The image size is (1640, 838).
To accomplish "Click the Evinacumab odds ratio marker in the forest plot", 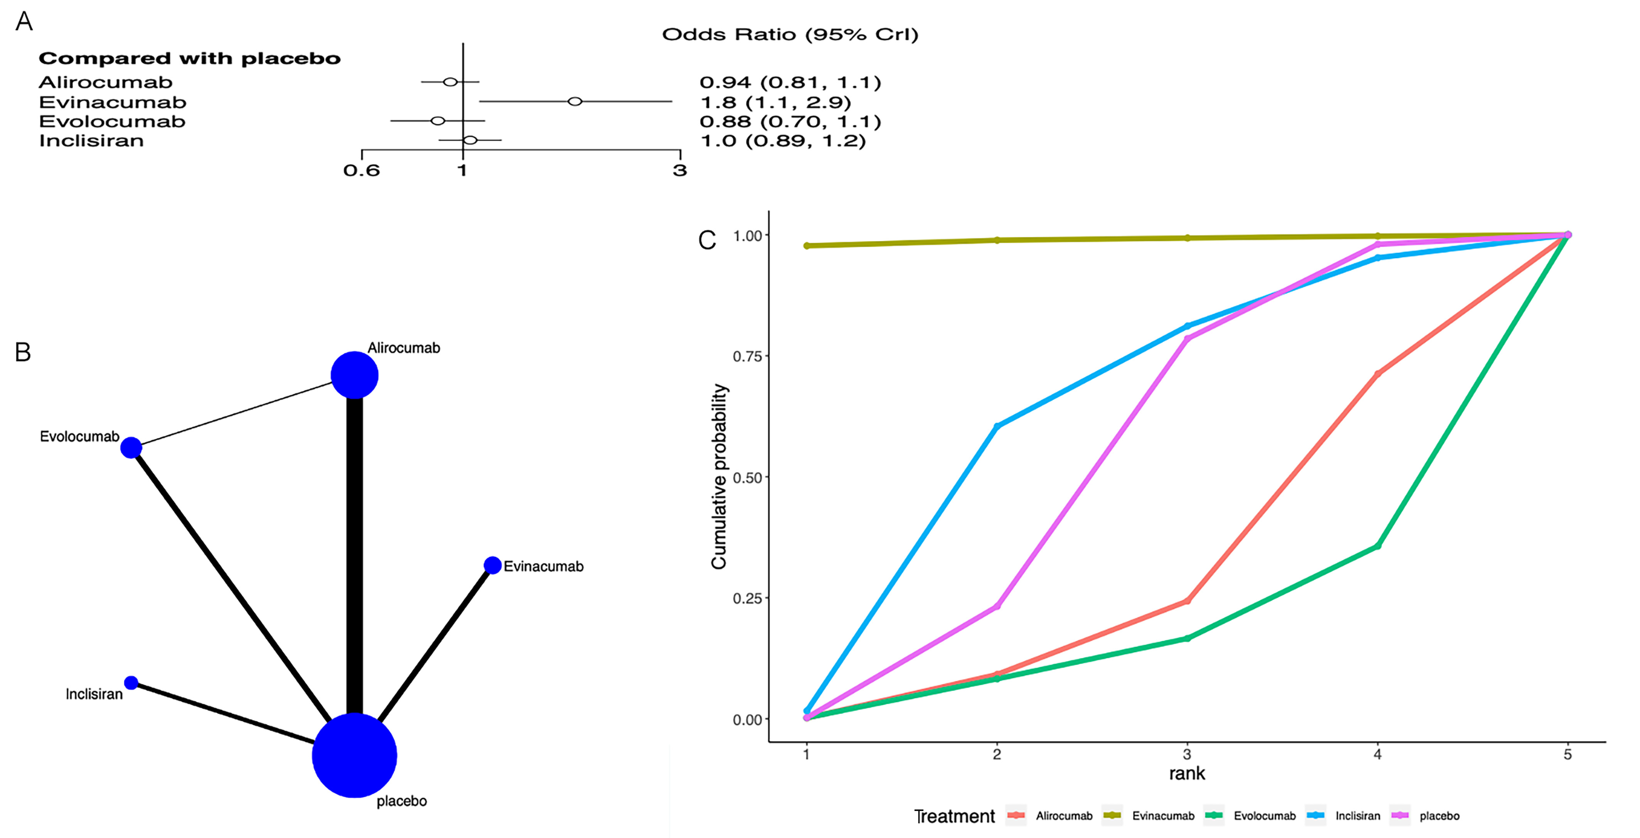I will click(575, 101).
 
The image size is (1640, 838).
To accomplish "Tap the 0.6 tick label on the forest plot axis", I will click(362, 171).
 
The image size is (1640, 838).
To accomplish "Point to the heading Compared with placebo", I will click(190, 59).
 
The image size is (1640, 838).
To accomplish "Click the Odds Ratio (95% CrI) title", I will click(790, 34).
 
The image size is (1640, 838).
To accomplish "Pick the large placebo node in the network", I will click(354, 755).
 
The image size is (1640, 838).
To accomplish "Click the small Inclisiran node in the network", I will click(131, 683).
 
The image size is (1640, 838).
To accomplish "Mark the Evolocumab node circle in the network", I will click(131, 448).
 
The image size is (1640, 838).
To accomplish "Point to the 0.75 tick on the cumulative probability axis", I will click(747, 356).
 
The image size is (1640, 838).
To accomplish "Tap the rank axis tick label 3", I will click(1187, 755).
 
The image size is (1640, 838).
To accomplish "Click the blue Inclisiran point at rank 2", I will click(997, 426).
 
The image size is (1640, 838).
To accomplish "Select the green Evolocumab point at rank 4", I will click(1378, 546).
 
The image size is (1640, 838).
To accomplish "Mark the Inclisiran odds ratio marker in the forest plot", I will click(470, 140).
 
